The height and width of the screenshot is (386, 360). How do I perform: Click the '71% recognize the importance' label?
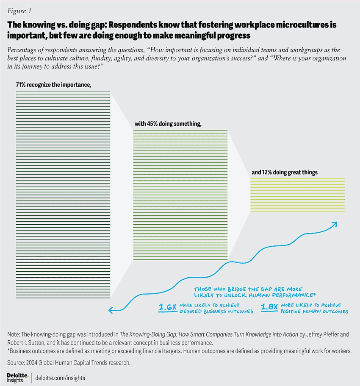tap(54, 85)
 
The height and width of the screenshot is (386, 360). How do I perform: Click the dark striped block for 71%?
tap(63, 195)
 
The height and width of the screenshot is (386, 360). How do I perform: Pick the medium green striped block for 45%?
tap(180, 195)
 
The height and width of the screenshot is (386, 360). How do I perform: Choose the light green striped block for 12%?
tap(297, 195)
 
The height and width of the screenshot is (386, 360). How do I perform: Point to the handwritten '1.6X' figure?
tap(168, 308)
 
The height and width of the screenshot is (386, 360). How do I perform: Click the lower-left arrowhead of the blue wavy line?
tap(111, 310)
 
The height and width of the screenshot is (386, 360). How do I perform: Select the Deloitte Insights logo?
tap(18, 377)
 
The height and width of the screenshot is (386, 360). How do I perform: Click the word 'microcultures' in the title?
tap(304, 25)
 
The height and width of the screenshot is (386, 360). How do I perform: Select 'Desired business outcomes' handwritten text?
tap(216, 312)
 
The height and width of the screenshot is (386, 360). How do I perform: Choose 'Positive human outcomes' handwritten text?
tap(314, 312)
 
